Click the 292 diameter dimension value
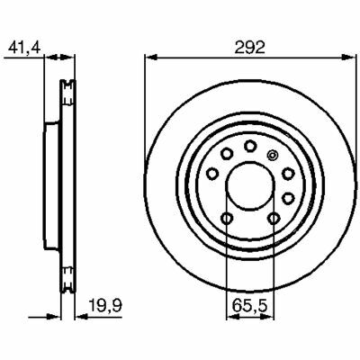tap(250, 47)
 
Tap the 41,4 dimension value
tap(24, 48)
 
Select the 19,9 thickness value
tap(105, 306)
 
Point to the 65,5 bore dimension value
tap(249, 306)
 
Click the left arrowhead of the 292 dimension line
tap(151, 57)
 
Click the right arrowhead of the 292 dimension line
tap(349, 57)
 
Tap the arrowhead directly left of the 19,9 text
tap(81, 316)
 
